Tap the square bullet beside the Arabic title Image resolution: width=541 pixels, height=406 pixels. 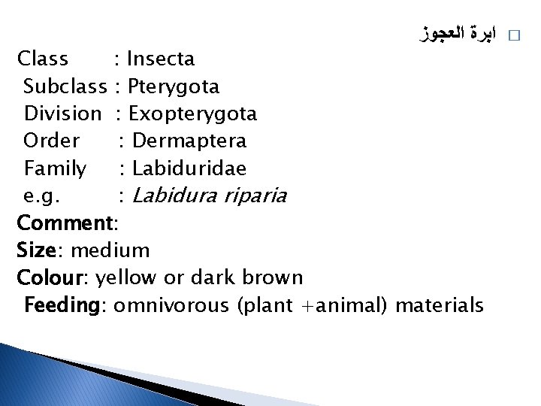click(514, 35)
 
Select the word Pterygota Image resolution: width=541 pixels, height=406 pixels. click(174, 86)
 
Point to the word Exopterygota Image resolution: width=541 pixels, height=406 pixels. click(192, 114)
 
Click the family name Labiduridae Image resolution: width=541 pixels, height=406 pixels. click(189, 168)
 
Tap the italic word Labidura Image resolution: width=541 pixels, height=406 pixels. click(173, 195)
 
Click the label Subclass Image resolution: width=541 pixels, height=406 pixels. click(65, 86)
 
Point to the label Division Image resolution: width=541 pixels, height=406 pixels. click(62, 114)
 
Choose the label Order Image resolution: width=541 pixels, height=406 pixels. click(52, 141)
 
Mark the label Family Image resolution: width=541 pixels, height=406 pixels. click(55, 168)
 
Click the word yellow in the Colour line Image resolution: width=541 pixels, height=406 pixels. click(126, 277)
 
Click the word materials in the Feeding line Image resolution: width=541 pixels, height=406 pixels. click(439, 305)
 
